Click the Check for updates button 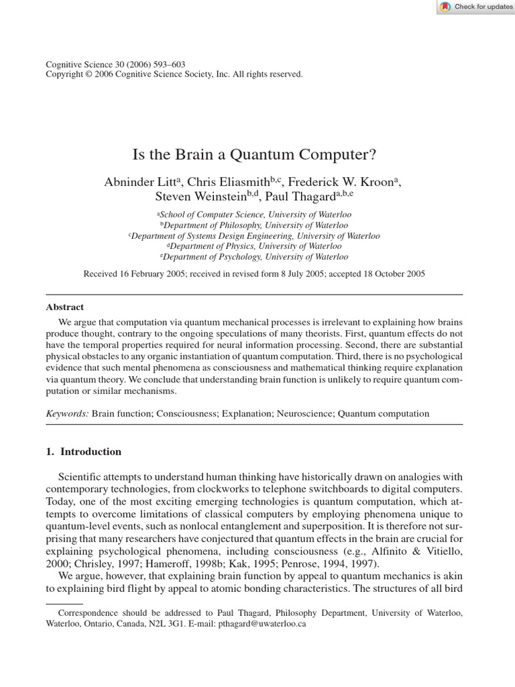476,7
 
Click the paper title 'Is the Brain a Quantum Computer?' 254,155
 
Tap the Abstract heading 64,307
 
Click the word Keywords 66,413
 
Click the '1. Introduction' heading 83,452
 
